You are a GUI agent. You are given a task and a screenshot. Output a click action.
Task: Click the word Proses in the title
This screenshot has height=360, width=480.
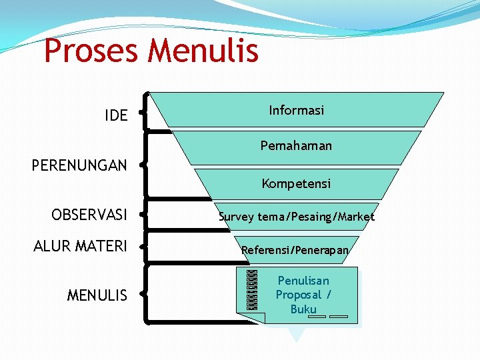pyautogui.click(x=92, y=51)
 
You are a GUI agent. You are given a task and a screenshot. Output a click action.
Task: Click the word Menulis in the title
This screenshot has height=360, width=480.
pyautogui.click(x=204, y=51)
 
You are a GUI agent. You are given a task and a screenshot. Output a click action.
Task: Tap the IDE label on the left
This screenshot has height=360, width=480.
pyautogui.click(x=116, y=115)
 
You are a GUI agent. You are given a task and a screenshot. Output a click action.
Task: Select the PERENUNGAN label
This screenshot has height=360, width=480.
pyautogui.click(x=79, y=165)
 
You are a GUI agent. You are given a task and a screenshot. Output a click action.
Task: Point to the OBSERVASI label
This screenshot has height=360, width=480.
pyautogui.click(x=89, y=215)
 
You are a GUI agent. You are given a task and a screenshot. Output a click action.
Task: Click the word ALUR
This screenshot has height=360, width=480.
pyautogui.click(x=52, y=247)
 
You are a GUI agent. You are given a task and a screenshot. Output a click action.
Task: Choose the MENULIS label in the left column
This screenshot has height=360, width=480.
pyautogui.click(x=97, y=295)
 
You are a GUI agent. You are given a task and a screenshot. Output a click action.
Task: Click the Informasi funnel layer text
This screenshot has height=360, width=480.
pyautogui.click(x=297, y=110)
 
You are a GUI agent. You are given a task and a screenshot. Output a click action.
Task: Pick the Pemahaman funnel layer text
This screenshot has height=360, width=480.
pyautogui.click(x=296, y=145)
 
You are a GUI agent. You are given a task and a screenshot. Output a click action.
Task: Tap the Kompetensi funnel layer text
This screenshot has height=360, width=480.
pyautogui.click(x=296, y=183)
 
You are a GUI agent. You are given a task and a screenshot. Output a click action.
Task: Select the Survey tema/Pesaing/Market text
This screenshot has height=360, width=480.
pyautogui.click(x=297, y=217)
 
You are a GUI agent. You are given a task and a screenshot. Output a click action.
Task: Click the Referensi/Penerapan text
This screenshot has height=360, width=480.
pyautogui.click(x=295, y=250)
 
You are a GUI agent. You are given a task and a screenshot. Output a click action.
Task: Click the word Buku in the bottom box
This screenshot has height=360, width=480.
pyautogui.click(x=303, y=309)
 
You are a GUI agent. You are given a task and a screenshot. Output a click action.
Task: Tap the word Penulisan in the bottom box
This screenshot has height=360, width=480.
pyautogui.click(x=303, y=281)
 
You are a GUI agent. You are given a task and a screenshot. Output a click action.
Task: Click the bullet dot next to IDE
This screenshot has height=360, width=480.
pyautogui.click(x=143, y=113)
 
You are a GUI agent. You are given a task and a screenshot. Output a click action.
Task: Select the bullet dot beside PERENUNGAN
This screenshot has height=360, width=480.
pyautogui.click(x=143, y=163)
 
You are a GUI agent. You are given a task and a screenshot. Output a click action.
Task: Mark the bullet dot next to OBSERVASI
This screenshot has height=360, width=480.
pyautogui.click(x=143, y=215)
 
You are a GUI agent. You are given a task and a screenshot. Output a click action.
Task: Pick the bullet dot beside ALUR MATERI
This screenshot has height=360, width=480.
pyautogui.click(x=143, y=246)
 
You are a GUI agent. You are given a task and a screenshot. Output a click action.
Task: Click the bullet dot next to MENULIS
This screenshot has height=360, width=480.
pyautogui.click(x=143, y=293)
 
